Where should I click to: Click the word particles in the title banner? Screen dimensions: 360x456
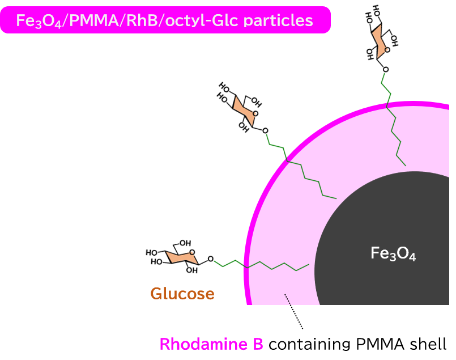282,20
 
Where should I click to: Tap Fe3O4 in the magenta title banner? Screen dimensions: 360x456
34,21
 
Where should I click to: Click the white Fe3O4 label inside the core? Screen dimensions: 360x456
393,253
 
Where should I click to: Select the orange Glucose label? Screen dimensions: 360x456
182,294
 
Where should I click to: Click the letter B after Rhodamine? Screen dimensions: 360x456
258,344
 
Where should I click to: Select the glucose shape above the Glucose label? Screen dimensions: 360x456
182,257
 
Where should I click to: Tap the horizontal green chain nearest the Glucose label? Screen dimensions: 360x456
261,264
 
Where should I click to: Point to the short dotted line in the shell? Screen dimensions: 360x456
287,299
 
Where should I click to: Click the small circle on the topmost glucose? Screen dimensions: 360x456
387,50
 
